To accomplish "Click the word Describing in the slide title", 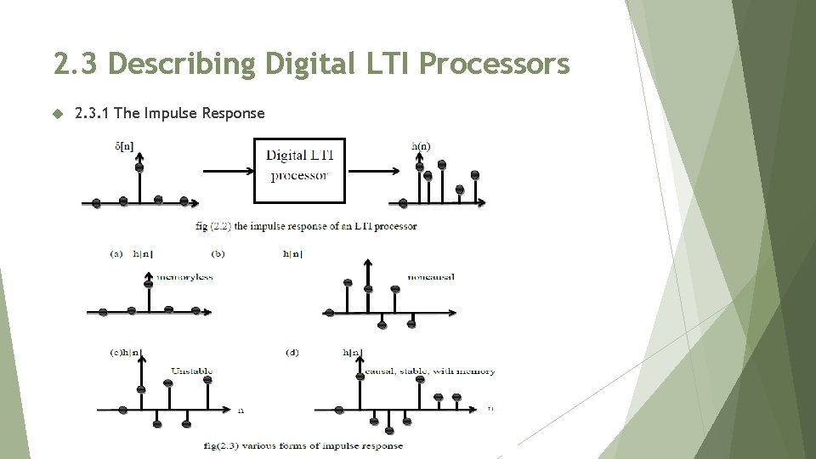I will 182,63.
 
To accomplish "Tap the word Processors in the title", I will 494,63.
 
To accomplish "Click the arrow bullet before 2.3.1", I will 58,113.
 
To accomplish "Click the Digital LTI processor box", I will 299,170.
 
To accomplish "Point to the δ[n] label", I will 123,146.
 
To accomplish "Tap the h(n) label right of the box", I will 421,146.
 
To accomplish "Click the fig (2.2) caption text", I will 306,226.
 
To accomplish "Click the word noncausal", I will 430,277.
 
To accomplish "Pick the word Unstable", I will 191,371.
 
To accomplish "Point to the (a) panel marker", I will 116,253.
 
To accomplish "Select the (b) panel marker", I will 218,253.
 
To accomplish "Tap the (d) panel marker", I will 293,352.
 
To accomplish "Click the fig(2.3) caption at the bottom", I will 303,445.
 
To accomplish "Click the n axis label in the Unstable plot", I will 241,411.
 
